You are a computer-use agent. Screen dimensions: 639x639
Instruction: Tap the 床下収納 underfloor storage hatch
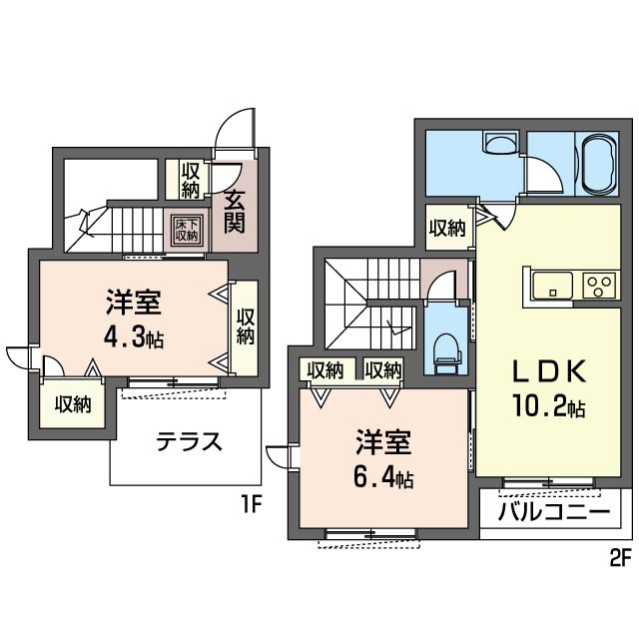(187, 231)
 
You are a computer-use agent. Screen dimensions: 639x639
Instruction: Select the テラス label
(190, 442)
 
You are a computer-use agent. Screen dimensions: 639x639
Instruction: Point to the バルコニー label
(554, 511)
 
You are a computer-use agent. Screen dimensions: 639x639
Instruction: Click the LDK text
(548, 371)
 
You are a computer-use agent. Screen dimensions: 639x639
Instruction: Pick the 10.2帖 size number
(548, 406)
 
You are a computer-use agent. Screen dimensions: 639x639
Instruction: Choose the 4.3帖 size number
(133, 337)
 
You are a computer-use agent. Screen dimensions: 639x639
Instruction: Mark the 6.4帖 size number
(383, 478)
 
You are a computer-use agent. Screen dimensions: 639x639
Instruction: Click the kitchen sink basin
(552, 285)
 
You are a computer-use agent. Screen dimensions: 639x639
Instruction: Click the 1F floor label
(251, 506)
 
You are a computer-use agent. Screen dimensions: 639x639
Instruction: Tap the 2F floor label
(620, 558)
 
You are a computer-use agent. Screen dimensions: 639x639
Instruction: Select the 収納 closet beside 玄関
(190, 180)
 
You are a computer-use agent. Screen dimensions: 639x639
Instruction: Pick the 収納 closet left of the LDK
(447, 228)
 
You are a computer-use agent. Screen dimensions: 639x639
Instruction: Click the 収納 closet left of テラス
(73, 403)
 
